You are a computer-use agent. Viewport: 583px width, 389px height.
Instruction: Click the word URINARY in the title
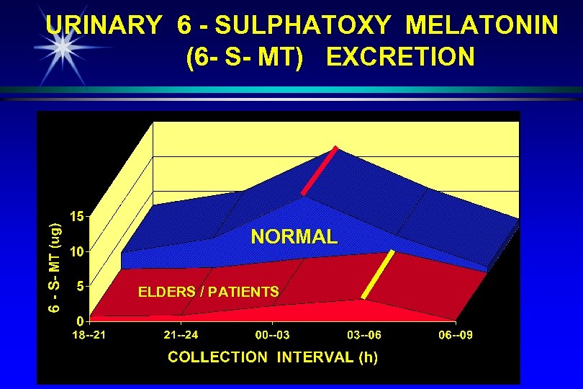(x=104, y=27)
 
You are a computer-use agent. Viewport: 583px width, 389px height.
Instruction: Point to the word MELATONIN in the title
(x=482, y=27)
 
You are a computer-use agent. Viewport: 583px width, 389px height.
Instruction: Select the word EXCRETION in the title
(x=401, y=57)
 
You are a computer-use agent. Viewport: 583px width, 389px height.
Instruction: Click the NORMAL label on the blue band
(x=294, y=237)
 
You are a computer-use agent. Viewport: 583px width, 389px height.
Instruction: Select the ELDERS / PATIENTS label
(x=208, y=292)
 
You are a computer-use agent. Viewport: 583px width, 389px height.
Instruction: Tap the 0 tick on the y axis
(x=81, y=321)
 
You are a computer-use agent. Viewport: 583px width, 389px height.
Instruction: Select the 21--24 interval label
(x=181, y=336)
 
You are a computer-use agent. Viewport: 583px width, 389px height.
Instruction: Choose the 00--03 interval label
(x=273, y=336)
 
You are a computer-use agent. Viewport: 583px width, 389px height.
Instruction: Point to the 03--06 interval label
(x=364, y=336)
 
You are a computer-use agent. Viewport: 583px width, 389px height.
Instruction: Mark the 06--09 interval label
(x=456, y=336)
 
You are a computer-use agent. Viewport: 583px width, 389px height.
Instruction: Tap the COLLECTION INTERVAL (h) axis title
(x=273, y=357)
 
